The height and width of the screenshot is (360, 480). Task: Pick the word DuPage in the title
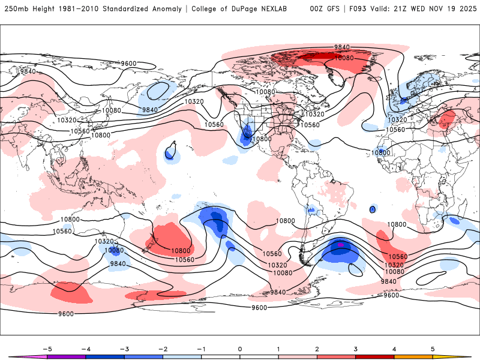click(x=247, y=9)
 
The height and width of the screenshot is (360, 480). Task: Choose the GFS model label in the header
click(x=332, y=9)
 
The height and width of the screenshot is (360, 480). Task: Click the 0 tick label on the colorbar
click(x=240, y=348)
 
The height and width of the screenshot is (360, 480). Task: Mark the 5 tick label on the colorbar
click(x=433, y=348)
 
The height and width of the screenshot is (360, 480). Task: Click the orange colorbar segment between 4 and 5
click(x=414, y=356)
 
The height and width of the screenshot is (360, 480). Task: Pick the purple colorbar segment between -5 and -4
click(x=66, y=356)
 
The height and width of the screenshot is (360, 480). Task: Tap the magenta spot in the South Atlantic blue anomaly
click(x=341, y=245)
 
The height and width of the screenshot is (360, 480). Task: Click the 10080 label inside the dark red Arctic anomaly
click(x=344, y=58)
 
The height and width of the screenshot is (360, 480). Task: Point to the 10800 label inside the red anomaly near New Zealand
click(x=181, y=251)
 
